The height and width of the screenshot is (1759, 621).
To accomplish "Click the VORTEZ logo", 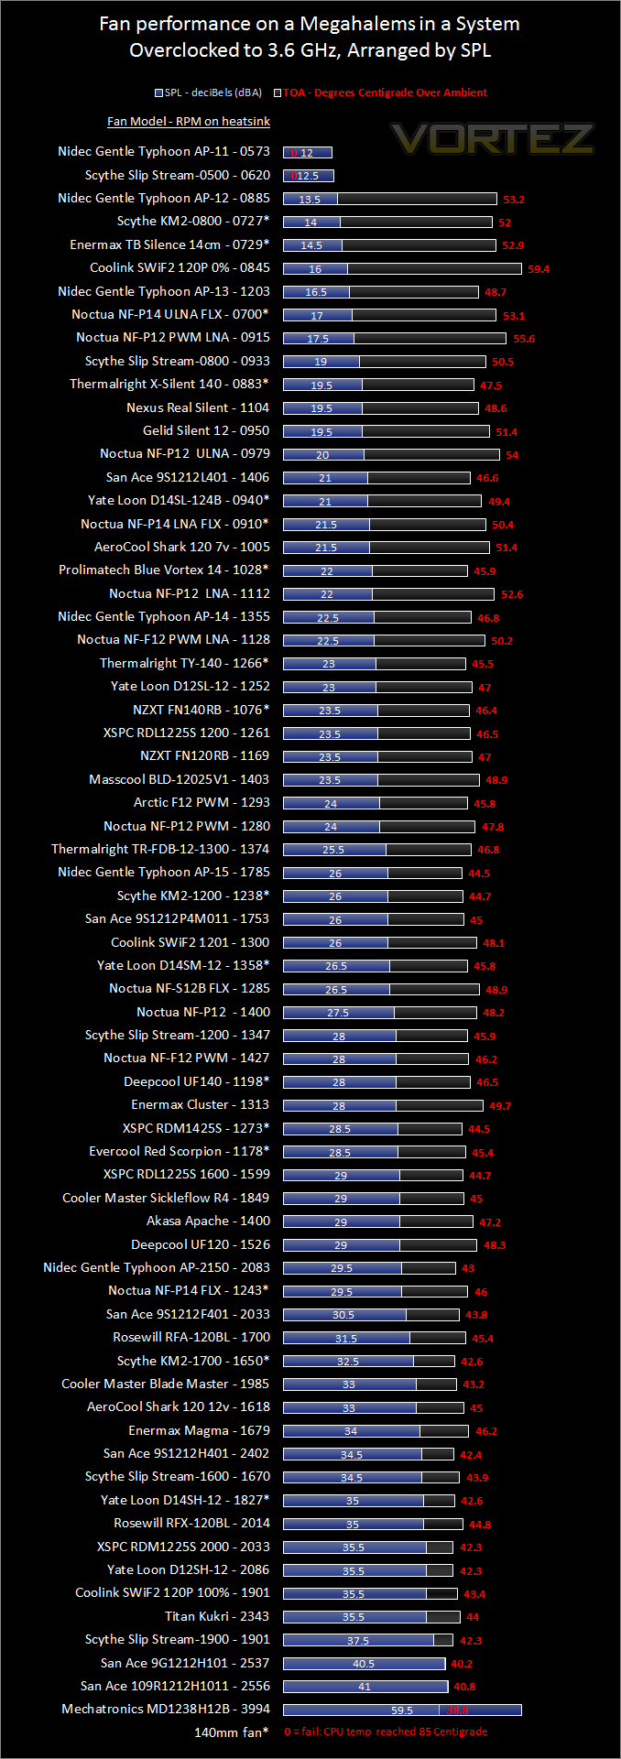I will (x=493, y=139).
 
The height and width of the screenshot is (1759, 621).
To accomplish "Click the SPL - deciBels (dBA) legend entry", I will (x=209, y=92).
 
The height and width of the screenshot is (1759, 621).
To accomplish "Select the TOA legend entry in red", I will (x=385, y=92).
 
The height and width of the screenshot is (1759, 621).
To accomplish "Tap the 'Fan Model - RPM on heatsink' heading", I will (x=189, y=121).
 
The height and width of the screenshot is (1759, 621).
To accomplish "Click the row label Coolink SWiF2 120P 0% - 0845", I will (x=180, y=267).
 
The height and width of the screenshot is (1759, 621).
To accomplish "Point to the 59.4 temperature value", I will (x=539, y=269).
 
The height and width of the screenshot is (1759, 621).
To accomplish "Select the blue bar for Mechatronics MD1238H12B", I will (x=401, y=1710).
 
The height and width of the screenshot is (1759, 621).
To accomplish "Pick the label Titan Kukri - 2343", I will (x=217, y=1616).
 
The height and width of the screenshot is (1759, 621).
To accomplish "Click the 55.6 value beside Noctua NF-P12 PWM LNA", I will (x=524, y=339).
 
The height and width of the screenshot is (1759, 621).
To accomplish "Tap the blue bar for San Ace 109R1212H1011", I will (x=365, y=1687).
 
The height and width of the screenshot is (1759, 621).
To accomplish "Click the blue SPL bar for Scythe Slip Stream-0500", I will (x=308, y=176).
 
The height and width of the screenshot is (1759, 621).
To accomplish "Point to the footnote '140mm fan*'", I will (x=232, y=1732).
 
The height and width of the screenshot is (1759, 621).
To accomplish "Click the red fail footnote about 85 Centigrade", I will (x=386, y=1732).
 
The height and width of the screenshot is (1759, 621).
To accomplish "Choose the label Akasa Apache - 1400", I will (x=208, y=1221).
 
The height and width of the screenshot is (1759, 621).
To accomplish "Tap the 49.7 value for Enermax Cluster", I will (x=500, y=1106).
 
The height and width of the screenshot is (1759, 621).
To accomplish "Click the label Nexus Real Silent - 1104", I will (x=198, y=407).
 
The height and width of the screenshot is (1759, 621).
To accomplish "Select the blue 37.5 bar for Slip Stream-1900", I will (x=358, y=1640).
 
